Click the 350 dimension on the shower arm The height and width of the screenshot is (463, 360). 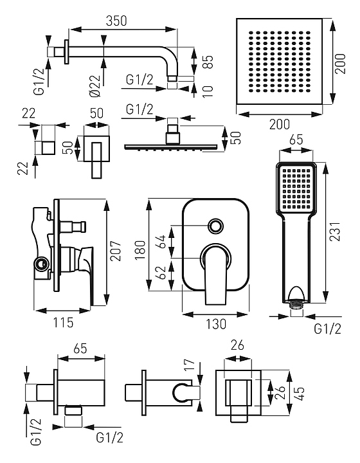point(116,21)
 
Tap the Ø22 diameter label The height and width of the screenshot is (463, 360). point(94,86)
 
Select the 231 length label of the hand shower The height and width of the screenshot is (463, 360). point(335,232)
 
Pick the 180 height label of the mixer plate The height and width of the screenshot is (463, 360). point(140,250)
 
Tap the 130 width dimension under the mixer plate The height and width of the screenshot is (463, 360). point(216,324)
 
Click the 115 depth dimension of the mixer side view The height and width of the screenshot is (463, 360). point(63,322)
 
